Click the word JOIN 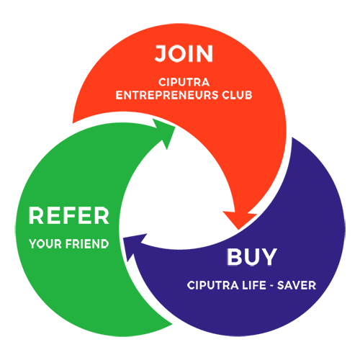point(184,53)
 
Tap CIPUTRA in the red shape point(184,82)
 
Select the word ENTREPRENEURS point(167,95)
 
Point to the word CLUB point(237,95)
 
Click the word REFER point(69,215)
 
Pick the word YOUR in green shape point(45,244)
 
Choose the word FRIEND point(87,244)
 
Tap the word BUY point(252,256)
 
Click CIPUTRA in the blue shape point(212,285)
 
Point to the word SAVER point(297,285)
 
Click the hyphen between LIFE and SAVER point(271,286)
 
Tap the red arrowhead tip point(238,230)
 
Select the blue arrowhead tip point(123,238)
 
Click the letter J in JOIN point(161,53)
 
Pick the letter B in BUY point(235,256)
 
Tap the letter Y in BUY point(269,256)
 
